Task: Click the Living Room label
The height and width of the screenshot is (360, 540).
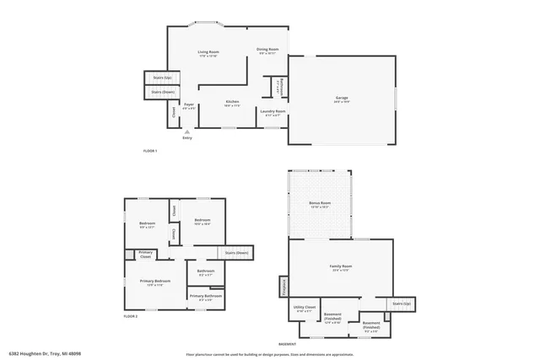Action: click(x=208, y=54)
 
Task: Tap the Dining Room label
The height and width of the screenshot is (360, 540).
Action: click(x=268, y=51)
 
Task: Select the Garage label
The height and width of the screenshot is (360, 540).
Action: click(x=342, y=99)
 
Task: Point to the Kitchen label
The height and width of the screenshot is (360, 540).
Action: click(x=232, y=104)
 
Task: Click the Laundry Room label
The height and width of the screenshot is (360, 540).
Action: click(x=273, y=112)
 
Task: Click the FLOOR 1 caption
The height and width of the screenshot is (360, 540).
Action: click(x=150, y=150)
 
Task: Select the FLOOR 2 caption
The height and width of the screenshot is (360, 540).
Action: click(x=130, y=315)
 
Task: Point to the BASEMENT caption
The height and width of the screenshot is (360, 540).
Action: click(x=288, y=343)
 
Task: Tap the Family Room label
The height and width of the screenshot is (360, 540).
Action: click(x=340, y=267)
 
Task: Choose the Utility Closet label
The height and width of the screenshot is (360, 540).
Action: click(x=305, y=309)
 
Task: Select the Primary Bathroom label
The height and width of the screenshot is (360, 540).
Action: click(x=206, y=297)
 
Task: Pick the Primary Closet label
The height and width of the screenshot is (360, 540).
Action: click(x=146, y=254)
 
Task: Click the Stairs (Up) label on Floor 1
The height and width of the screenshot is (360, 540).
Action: click(x=156, y=77)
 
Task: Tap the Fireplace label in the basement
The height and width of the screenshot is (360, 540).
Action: click(x=284, y=287)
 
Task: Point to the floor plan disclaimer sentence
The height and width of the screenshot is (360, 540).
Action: click(x=270, y=354)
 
